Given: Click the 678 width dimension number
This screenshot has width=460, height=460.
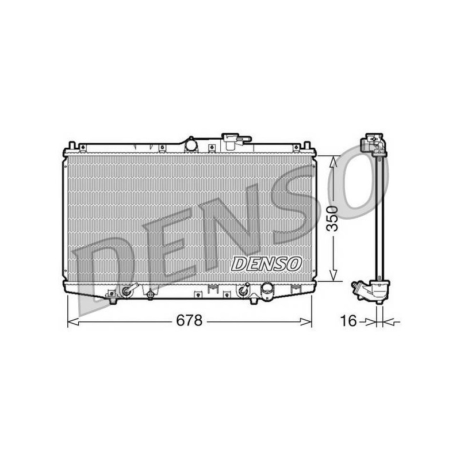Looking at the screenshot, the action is click(x=189, y=320).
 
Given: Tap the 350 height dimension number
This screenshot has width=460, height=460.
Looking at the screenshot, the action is click(x=333, y=218).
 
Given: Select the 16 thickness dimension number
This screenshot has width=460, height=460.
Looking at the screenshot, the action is click(x=348, y=321).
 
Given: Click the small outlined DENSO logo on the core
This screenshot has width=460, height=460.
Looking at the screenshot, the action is click(x=266, y=264).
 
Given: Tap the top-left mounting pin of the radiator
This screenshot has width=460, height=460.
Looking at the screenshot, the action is click(x=72, y=146).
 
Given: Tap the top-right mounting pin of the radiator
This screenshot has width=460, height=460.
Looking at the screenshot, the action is click(x=306, y=146).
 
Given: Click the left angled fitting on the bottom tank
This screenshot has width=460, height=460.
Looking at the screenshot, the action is click(x=129, y=290).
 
